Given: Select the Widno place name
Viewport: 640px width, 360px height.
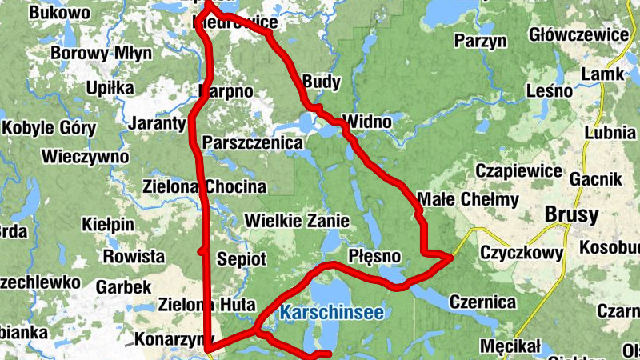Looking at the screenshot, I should [367, 122].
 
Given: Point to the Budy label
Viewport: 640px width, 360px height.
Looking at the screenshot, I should [322, 82].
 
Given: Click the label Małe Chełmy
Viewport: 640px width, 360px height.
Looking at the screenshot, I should [469, 199].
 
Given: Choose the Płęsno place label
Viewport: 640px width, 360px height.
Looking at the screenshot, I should [374, 254].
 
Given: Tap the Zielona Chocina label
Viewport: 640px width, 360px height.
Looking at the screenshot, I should [203, 186].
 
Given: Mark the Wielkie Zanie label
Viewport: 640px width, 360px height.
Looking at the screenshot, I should [297, 219].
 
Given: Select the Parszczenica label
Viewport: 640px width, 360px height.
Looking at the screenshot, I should [254, 142].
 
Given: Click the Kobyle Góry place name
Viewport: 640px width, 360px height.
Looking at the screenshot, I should [50, 128].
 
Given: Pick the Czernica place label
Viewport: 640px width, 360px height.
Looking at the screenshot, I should [482, 302].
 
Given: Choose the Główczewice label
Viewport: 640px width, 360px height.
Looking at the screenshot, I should [578, 35].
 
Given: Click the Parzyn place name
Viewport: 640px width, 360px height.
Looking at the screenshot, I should [481, 40].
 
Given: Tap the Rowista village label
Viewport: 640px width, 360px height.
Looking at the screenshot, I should [134, 257].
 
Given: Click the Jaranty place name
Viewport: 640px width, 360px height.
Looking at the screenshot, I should [157, 124].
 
